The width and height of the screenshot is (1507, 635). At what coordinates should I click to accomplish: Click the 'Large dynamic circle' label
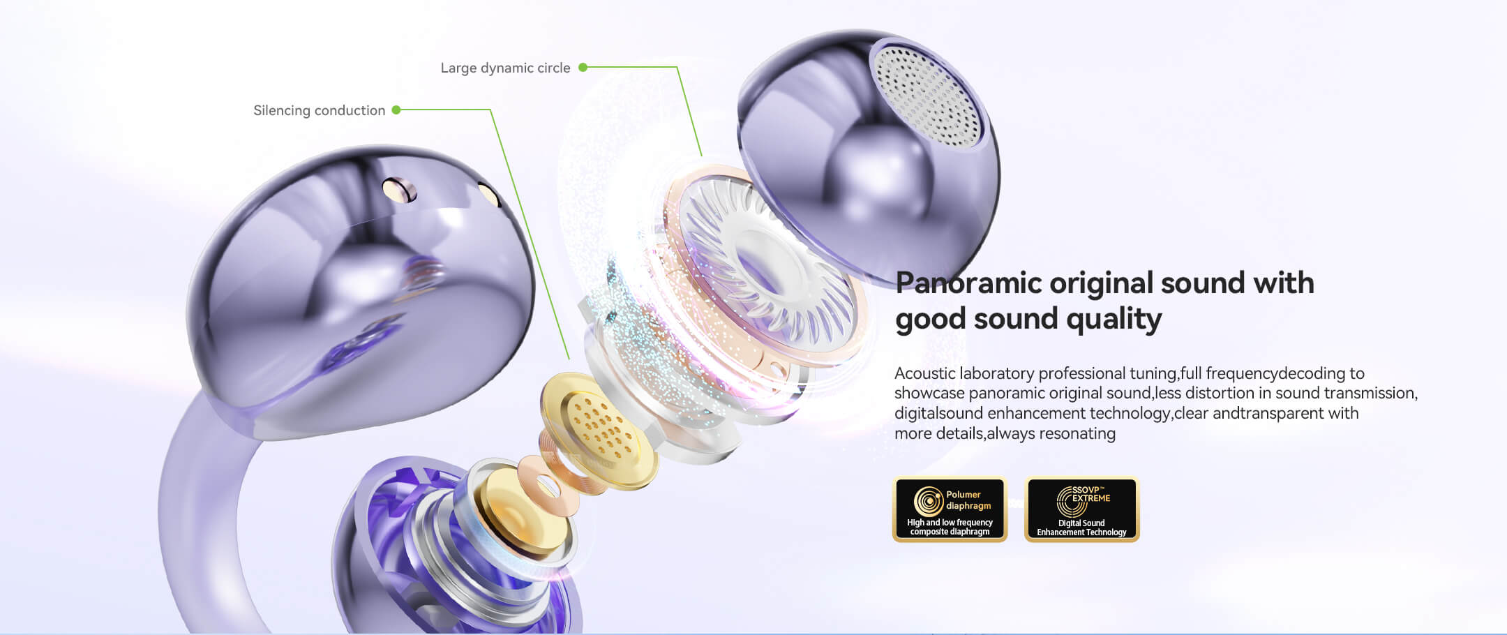tap(505, 68)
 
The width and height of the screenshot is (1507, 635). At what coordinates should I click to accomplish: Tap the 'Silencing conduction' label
tap(319, 110)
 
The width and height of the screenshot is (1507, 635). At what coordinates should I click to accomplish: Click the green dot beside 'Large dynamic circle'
tap(583, 67)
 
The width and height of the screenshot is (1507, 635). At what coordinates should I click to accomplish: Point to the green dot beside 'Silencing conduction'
tap(396, 110)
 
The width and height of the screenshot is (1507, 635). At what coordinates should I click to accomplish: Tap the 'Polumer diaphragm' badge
tap(950, 509)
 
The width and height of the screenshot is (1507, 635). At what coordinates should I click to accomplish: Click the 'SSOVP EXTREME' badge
tap(1081, 509)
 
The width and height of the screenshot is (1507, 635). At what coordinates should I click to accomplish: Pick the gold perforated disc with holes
tap(599, 428)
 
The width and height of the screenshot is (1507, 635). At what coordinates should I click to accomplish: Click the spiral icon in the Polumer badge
tap(929, 501)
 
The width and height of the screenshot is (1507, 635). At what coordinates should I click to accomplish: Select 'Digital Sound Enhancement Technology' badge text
tap(1081, 528)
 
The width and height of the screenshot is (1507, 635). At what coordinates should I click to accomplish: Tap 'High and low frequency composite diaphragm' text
tap(950, 527)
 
